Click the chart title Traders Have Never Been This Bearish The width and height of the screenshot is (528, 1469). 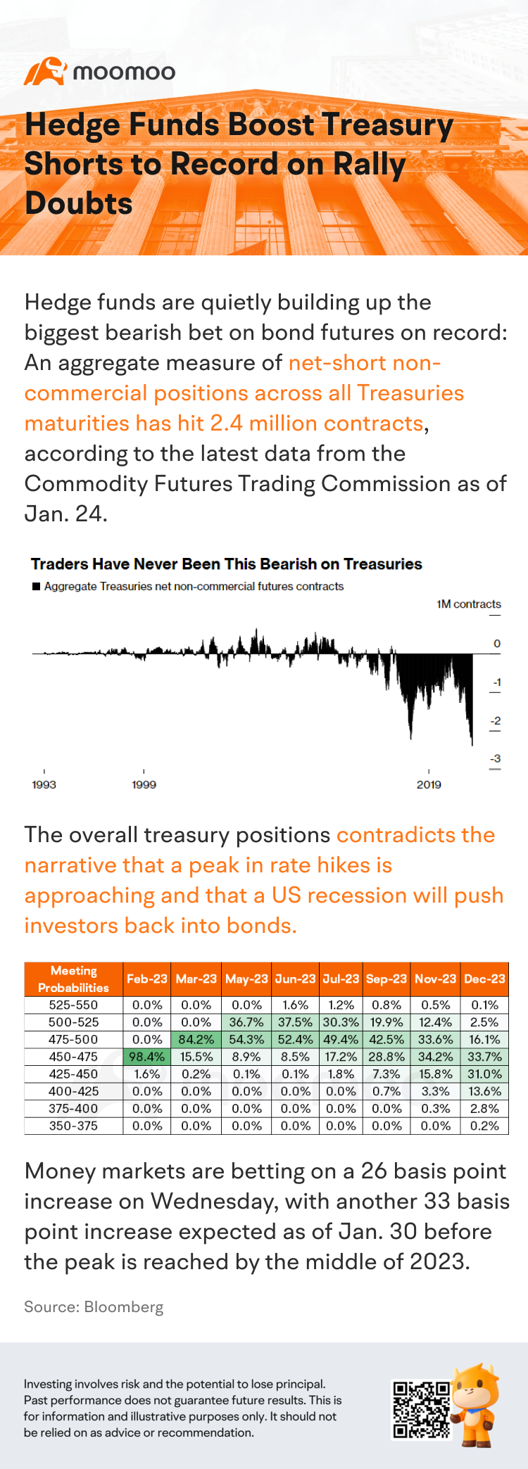(x=226, y=564)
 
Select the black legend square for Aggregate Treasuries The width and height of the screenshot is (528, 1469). (x=36, y=586)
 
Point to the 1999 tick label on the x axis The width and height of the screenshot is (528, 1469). (x=144, y=784)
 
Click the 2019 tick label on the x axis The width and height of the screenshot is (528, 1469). (x=429, y=784)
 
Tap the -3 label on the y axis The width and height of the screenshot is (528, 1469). (x=496, y=758)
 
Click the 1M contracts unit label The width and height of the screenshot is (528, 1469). (x=468, y=604)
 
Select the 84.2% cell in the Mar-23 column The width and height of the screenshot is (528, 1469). (x=196, y=1039)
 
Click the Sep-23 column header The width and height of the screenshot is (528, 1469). (x=386, y=979)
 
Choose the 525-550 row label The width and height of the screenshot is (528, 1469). (x=73, y=1005)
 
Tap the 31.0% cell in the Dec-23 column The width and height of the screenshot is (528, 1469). (x=484, y=1074)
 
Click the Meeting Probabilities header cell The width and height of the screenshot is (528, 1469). (x=73, y=979)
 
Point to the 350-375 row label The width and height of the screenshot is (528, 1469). (x=73, y=1126)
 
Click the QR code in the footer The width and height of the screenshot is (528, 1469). (x=421, y=1409)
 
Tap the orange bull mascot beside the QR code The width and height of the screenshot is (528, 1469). (x=476, y=1404)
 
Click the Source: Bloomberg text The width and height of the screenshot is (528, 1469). (x=94, y=1307)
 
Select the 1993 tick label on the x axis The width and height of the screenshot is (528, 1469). (x=44, y=784)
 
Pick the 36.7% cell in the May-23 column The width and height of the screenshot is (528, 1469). (x=246, y=1022)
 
